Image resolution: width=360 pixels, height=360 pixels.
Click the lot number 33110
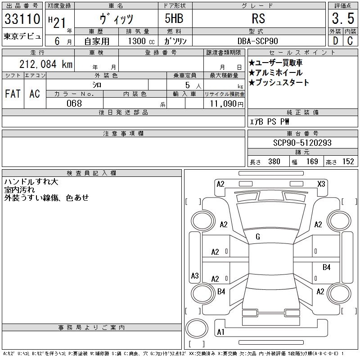[x=22, y=18]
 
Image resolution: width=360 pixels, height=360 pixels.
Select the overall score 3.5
[x=343, y=18]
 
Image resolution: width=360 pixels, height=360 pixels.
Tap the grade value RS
[x=258, y=18]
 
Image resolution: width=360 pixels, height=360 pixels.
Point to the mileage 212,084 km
[x=46, y=64]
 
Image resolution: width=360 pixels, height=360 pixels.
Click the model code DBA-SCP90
[x=258, y=41]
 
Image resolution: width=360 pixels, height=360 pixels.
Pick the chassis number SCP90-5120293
[x=302, y=143]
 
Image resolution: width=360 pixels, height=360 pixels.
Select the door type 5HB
[x=174, y=18]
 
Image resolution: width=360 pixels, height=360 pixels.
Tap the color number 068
[x=74, y=103]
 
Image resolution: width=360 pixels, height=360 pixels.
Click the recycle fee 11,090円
[x=227, y=104]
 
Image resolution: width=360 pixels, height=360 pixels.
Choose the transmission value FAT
[x=13, y=94]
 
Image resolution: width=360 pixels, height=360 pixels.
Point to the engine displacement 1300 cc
[x=141, y=41]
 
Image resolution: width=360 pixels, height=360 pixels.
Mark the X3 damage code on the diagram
[x=321, y=184]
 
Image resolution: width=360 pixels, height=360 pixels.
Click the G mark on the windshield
[x=258, y=237]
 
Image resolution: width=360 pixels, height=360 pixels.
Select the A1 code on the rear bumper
[x=220, y=332]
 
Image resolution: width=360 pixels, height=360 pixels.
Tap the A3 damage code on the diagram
[x=195, y=275]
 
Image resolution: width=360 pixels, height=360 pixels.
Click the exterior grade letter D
[x=335, y=41]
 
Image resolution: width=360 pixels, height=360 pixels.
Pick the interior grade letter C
[x=350, y=41]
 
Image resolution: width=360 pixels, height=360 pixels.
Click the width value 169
[x=312, y=162]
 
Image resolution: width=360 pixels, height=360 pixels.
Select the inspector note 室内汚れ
[x=19, y=189]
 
